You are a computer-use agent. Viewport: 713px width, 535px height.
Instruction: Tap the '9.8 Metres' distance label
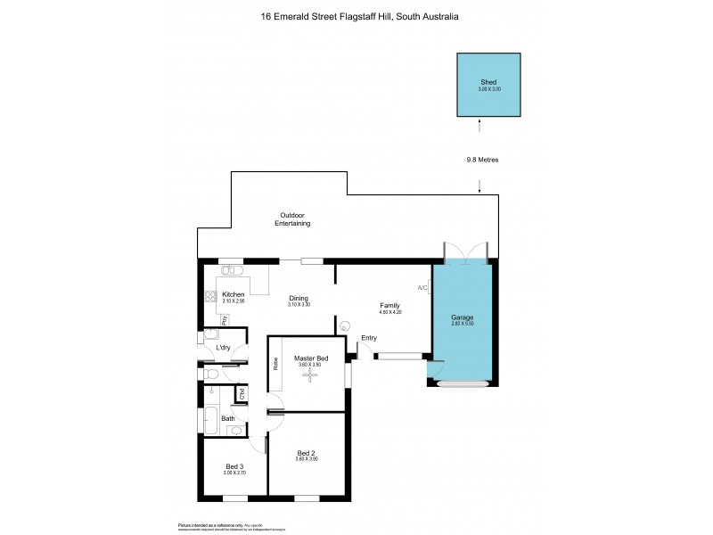pyautogui.click(x=482, y=160)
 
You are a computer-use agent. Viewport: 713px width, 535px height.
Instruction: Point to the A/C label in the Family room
pyautogui.click(x=422, y=288)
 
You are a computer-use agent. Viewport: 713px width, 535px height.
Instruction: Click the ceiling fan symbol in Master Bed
pyautogui.click(x=311, y=375)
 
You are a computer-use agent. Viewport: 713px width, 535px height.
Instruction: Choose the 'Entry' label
pyautogui.click(x=369, y=338)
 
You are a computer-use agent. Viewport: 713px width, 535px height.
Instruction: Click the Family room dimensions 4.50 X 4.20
pyautogui.click(x=391, y=312)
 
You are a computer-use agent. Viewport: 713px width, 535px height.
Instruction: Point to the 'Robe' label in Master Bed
pyautogui.click(x=276, y=364)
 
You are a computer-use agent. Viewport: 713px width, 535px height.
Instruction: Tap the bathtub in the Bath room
pyautogui.click(x=210, y=418)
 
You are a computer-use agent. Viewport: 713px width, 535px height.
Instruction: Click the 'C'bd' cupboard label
pyautogui.click(x=240, y=393)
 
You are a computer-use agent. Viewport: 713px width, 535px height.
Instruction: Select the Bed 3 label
pyautogui.click(x=234, y=466)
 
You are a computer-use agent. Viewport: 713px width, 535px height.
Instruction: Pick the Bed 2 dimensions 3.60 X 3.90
pyautogui.click(x=307, y=458)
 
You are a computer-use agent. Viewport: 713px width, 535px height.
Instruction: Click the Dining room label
pyautogui.click(x=298, y=299)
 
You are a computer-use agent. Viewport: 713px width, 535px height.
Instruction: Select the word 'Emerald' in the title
pyautogui.click(x=301, y=16)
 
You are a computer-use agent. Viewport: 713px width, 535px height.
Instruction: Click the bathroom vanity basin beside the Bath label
pyautogui.click(x=234, y=430)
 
